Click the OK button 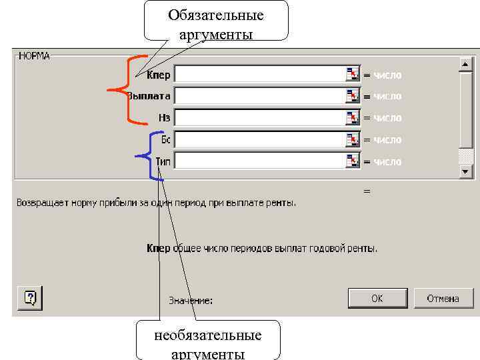click(377, 298)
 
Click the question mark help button click(30, 297)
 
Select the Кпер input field click(259, 74)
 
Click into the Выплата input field click(259, 96)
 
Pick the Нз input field click(259, 118)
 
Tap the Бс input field click(259, 140)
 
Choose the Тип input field click(259, 161)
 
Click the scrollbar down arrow click(465, 171)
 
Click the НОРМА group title click(35, 55)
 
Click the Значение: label click(191, 301)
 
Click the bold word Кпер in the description click(159, 248)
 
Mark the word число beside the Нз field click(387, 118)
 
